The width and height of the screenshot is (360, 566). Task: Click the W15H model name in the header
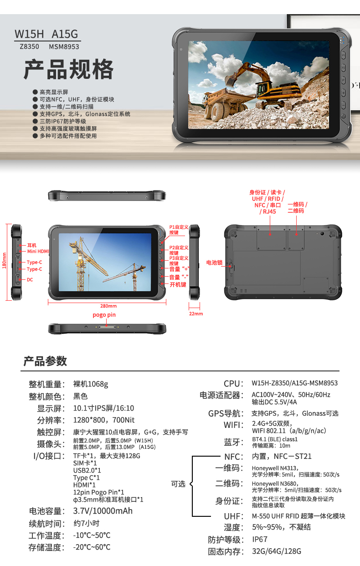coord(29,34)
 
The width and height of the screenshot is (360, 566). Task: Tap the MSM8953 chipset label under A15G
coord(64,47)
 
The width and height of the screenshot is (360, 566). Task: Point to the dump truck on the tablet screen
coord(222,103)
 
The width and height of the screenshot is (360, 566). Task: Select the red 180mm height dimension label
coord(4,261)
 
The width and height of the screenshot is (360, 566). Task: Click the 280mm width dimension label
coord(108,306)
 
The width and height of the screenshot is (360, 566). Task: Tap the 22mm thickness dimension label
coord(196,314)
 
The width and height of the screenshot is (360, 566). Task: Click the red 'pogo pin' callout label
coord(104,315)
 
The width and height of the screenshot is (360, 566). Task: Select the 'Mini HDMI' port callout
coord(38,252)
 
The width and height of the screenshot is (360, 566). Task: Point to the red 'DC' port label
coord(30,280)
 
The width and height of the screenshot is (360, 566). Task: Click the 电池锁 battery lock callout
coord(214,262)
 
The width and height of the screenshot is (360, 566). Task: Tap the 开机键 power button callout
coord(178,285)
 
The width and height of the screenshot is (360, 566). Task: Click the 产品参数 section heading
coord(45,361)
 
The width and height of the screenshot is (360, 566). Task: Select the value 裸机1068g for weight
coord(91,384)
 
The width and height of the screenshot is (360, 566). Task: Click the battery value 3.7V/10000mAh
coord(103,511)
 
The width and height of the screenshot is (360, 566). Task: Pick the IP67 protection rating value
coord(260,540)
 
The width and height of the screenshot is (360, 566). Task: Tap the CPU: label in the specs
coord(234,384)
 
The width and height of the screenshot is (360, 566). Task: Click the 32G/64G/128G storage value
coord(277,551)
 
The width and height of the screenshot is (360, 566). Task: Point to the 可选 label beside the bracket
coord(178,484)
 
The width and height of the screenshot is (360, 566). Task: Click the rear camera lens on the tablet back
coord(322,234)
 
